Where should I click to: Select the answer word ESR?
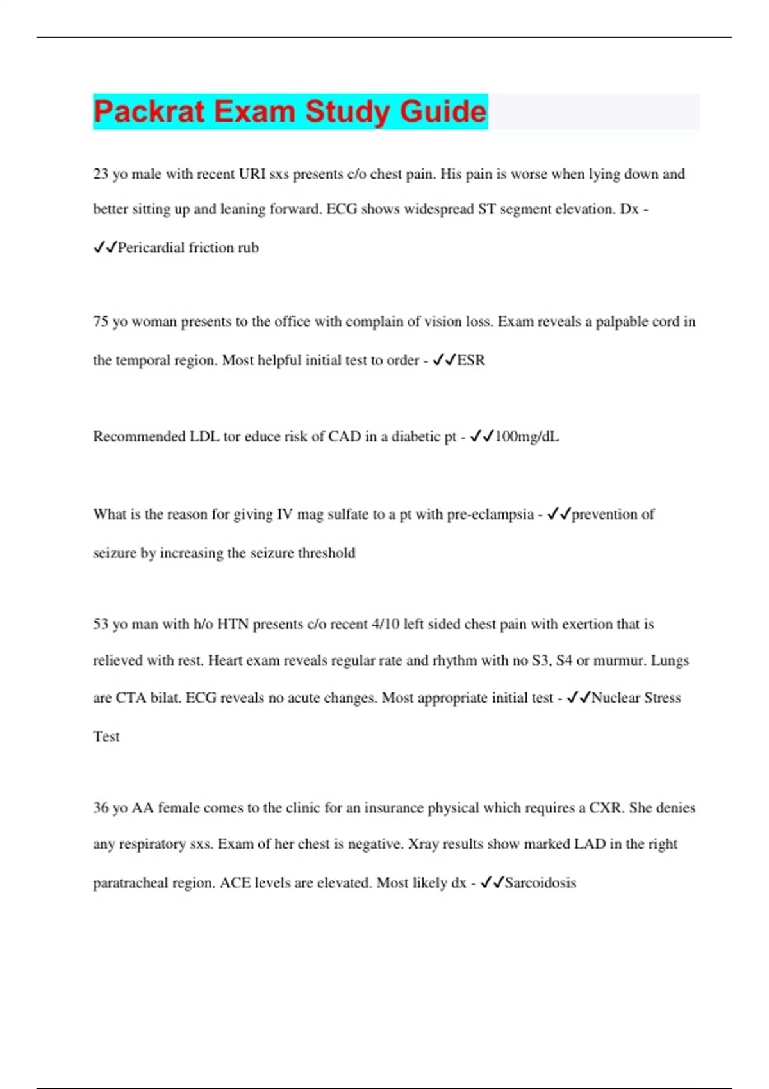pyautogui.click(x=471, y=361)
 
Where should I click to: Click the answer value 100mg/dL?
pyautogui.click(x=527, y=437)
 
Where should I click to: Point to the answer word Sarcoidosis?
pyautogui.click(x=540, y=883)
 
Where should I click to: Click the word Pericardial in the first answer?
pyautogui.click(x=151, y=248)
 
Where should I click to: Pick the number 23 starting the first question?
pyautogui.click(x=101, y=174)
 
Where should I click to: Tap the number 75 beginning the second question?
pyautogui.click(x=101, y=322)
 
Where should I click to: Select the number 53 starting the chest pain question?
pyautogui.click(x=101, y=624)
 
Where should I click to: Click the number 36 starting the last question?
pyautogui.click(x=101, y=808)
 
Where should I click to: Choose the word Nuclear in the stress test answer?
pyautogui.click(x=615, y=698)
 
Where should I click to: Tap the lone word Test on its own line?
pyautogui.click(x=106, y=737)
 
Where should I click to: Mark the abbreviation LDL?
pyautogui.click(x=204, y=437)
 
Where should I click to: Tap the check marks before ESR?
pyautogui.click(x=443, y=361)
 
